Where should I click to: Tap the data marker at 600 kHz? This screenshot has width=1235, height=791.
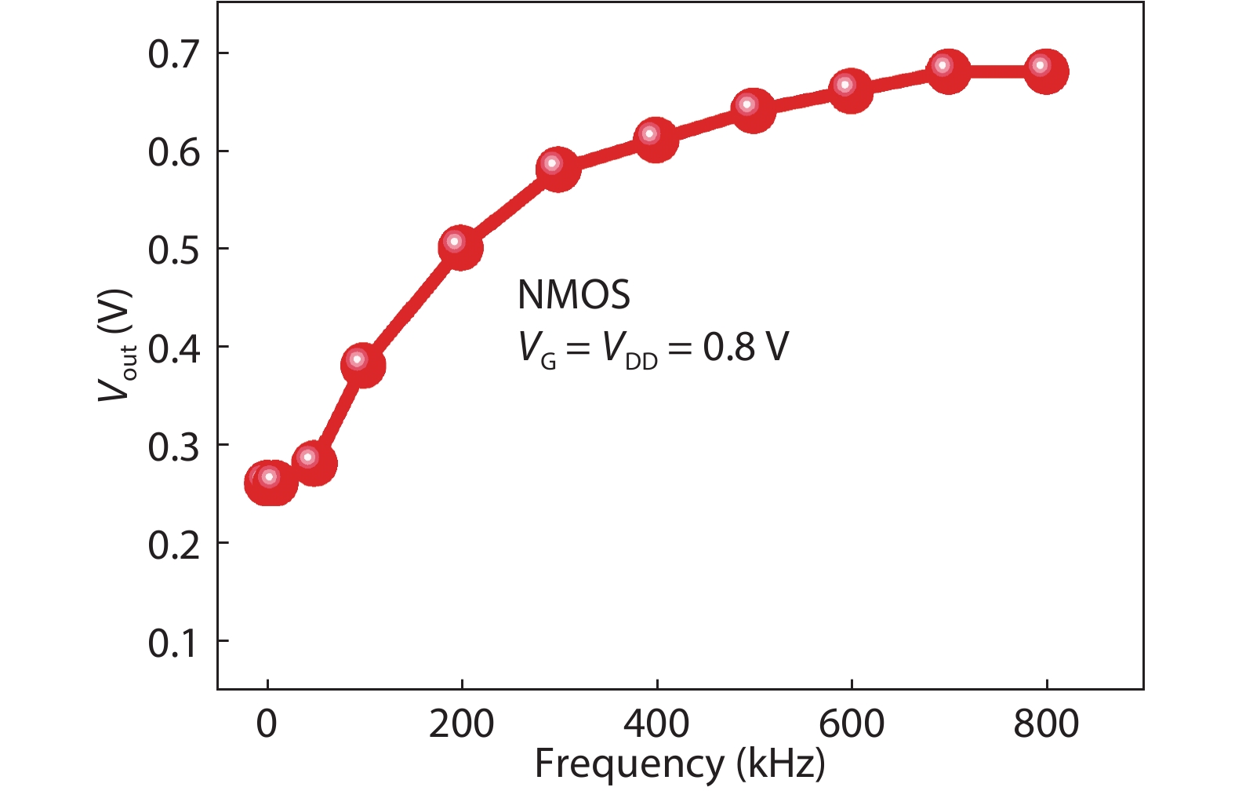coord(850,90)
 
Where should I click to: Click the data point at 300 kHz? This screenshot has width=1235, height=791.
coord(558,169)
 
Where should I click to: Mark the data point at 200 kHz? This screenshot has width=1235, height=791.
coord(460,247)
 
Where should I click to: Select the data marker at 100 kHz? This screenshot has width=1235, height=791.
coord(362,365)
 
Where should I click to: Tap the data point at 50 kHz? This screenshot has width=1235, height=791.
coord(314,463)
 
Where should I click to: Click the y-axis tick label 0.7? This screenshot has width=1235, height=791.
coord(173,55)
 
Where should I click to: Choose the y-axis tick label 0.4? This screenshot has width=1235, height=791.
coord(173,348)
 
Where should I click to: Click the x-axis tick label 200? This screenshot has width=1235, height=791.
coord(462,724)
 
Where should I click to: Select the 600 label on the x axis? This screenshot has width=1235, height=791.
coord(852,724)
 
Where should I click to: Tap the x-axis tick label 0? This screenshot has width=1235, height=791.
coord(267,724)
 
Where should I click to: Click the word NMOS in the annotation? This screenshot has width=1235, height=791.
coord(574,294)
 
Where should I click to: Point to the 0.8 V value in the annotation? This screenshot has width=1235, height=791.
coord(746,347)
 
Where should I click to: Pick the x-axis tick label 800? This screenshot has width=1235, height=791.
coord(1047,724)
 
